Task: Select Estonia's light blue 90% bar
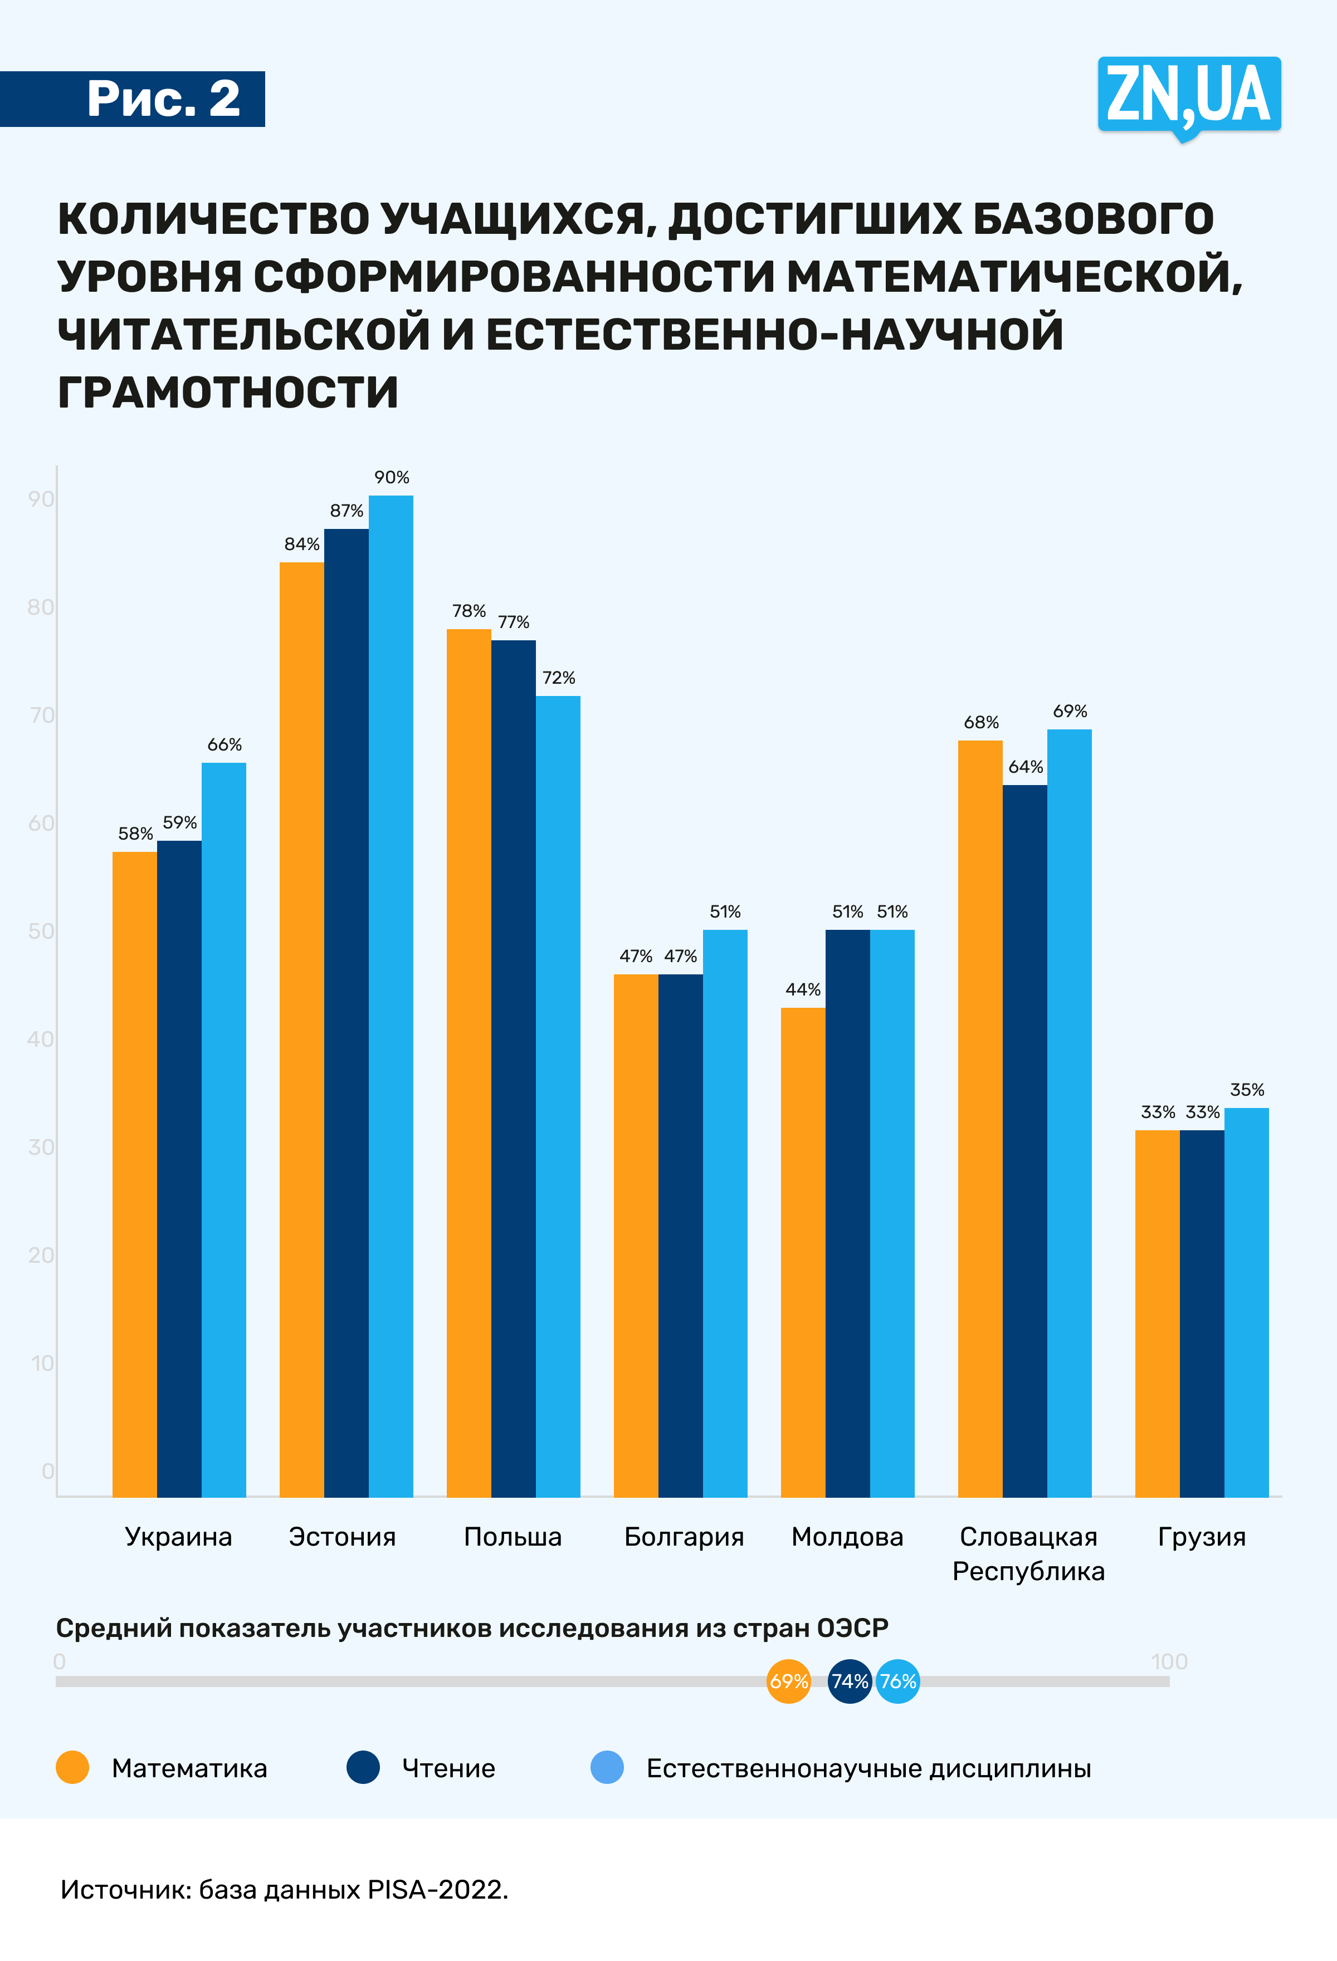(x=391, y=996)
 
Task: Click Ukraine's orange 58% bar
(x=134, y=1174)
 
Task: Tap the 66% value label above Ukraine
(x=225, y=744)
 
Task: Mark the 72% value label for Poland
(x=559, y=678)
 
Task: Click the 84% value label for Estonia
(x=301, y=544)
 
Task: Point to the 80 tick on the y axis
(x=41, y=607)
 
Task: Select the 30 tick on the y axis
(x=41, y=1147)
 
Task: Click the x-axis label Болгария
(x=684, y=1537)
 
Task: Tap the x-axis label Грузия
(x=1201, y=1537)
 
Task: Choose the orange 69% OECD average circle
(x=788, y=1681)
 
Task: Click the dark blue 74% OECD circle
(x=849, y=1681)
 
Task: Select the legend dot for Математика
(x=72, y=1768)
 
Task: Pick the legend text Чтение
(x=448, y=1768)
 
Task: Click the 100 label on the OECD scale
(x=1168, y=1661)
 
